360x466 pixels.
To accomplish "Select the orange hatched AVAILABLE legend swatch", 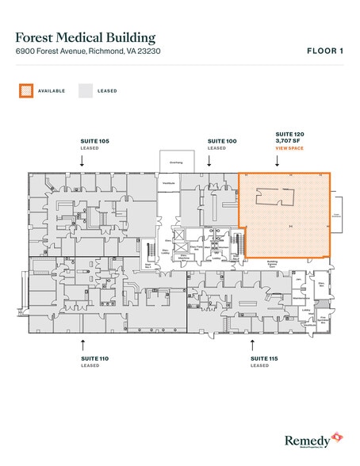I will pos(26,91).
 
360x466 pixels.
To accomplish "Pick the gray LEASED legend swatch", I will pos(86,91).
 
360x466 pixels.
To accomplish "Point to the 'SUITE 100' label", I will pos(221,140).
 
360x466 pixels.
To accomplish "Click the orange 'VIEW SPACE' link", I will pos(289,148).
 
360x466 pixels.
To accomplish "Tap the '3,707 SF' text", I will pos(288,141).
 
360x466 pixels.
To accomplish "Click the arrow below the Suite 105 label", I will pos(83,159).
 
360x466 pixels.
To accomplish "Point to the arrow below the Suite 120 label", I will pos(278,160).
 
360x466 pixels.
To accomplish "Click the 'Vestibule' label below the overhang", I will pos(168,183).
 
